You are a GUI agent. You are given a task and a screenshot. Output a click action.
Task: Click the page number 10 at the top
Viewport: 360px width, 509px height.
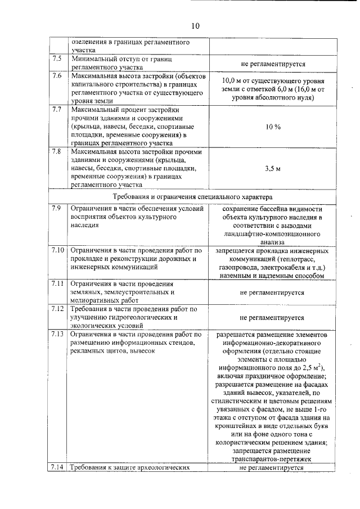point(195,26)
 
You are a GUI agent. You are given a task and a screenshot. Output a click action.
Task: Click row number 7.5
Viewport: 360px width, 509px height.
point(57,59)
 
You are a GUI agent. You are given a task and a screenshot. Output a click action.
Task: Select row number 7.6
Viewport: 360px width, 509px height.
point(57,76)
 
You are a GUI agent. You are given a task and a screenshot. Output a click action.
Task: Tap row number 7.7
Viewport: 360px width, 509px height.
point(57,109)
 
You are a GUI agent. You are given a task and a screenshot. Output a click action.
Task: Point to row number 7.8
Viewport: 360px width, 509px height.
point(57,151)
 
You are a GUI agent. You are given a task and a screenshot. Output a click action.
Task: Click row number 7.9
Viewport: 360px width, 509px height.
point(57,209)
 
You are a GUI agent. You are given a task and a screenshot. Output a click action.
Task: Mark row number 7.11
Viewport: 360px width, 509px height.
point(58,283)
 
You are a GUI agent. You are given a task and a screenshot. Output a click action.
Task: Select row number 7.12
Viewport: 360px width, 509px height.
point(58,309)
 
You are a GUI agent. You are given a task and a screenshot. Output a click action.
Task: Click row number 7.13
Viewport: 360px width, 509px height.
point(58,335)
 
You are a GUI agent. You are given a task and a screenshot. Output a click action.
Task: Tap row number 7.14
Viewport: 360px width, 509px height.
point(58,467)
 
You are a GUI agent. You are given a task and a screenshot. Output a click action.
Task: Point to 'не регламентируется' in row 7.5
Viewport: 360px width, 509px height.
point(272,65)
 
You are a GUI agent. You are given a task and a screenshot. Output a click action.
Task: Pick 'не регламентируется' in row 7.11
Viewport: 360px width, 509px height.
point(272,292)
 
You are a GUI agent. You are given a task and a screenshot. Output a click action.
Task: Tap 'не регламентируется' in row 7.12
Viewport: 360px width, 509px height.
point(272,317)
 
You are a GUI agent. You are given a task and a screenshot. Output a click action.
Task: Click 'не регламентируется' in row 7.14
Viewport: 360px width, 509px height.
point(272,467)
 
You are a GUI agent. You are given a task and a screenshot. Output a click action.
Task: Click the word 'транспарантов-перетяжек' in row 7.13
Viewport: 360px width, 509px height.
point(272,459)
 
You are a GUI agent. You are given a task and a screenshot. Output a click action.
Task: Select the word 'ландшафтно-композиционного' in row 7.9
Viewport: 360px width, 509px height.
point(272,233)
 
